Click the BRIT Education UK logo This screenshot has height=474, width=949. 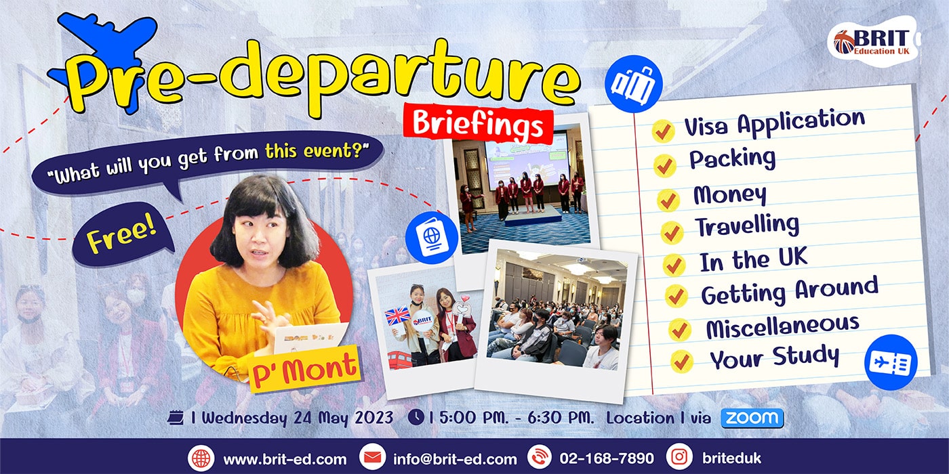click(x=873, y=41)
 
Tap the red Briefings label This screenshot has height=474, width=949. click(x=479, y=123)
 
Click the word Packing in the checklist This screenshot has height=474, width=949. click(x=733, y=158)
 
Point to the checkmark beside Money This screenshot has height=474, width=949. click(x=668, y=199)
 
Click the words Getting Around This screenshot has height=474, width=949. click(x=789, y=291)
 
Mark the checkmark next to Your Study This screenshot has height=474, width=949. click(x=682, y=362)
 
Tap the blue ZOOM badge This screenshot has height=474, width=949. click(x=752, y=418)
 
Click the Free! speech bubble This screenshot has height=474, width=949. click(x=122, y=236)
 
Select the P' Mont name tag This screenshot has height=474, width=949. click(x=304, y=369)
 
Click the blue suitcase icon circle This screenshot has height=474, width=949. click(x=633, y=84)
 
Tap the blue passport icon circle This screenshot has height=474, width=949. click(x=432, y=238)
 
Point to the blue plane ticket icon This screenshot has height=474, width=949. click(x=891, y=362)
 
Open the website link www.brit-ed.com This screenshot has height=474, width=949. click(x=285, y=459)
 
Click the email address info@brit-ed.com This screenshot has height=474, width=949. click(x=455, y=459)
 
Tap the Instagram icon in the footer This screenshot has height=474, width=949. click(x=679, y=457)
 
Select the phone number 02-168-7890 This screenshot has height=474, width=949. click(x=606, y=458)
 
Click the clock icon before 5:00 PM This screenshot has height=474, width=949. click(x=416, y=417)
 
